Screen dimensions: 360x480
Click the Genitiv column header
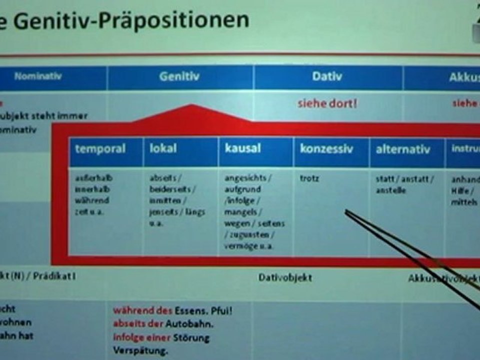tap(179, 77)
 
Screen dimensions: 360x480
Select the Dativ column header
tap(327, 77)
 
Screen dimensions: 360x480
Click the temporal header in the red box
tap(100, 149)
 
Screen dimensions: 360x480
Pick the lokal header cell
tap(163, 149)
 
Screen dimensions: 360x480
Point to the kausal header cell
tap(242, 149)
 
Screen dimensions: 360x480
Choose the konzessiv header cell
tap(326, 149)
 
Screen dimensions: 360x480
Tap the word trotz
tap(309, 178)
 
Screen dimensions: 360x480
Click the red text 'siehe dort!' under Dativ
tap(327, 104)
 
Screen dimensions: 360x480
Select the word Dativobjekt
tap(285, 277)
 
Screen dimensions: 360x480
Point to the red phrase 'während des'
tap(142, 310)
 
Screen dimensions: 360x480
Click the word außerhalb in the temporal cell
tap(93, 178)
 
